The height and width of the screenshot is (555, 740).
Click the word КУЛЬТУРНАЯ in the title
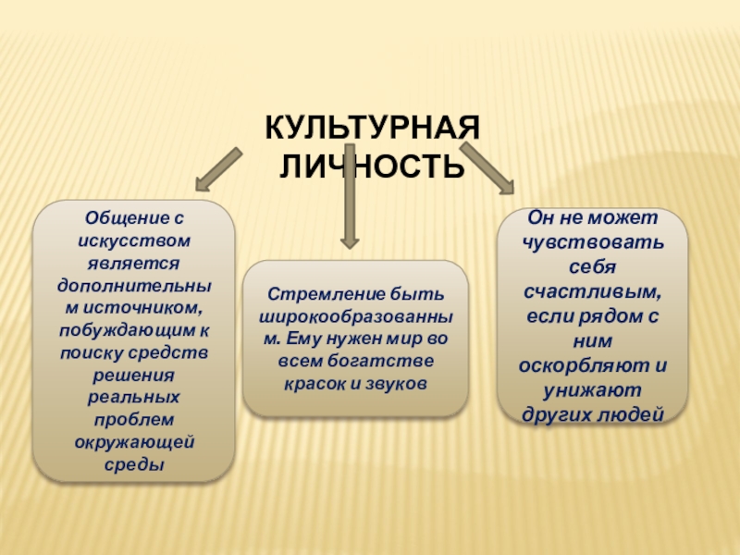[x=373, y=128]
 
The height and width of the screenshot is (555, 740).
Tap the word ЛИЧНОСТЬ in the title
[x=373, y=166]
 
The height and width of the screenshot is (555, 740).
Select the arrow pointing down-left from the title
[x=218, y=169]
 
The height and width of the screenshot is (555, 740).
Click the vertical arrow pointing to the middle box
[x=350, y=196]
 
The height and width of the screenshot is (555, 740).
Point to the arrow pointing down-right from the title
[x=487, y=168]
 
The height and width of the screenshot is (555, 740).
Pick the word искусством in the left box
[x=134, y=240]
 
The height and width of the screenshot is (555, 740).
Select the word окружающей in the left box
[x=134, y=443]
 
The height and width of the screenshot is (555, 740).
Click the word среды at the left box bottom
[x=134, y=464]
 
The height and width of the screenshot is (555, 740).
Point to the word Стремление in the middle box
[x=327, y=294]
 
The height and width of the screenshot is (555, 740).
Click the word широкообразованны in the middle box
[x=356, y=316]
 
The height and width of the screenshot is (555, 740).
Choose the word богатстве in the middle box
[x=380, y=361]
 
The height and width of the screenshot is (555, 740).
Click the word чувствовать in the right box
[x=593, y=242]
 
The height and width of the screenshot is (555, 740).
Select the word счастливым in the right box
[x=593, y=291]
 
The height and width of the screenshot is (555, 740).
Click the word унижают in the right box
[x=592, y=390]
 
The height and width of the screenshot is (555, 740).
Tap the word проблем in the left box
[x=134, y=420]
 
